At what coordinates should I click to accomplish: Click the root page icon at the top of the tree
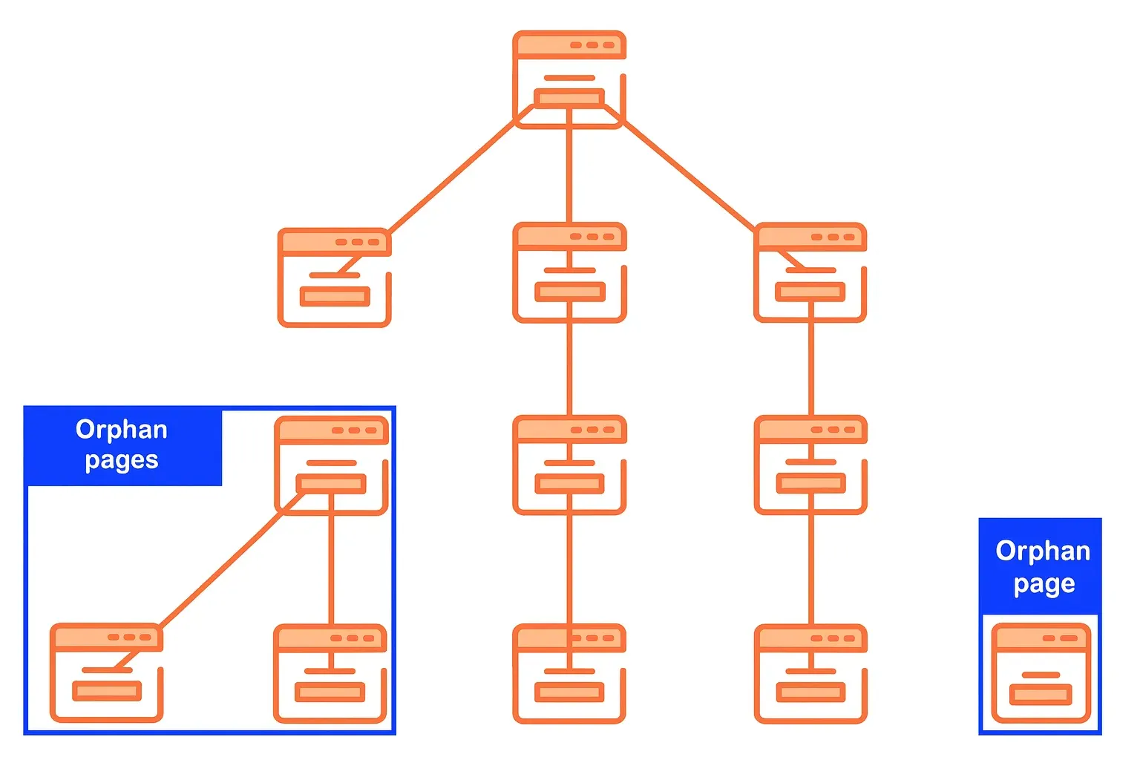(x=569, y=79)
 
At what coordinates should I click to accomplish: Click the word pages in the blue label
(x=122, y=461)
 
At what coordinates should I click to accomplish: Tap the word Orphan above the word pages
(x=122, y=430)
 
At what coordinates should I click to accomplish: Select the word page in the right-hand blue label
(x=1044, y=585)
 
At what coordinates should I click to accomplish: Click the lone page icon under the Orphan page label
(x=1041, y=672)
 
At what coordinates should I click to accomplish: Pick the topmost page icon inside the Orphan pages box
(x=331, y=465)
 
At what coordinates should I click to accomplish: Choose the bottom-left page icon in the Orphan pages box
(x=106, y=672)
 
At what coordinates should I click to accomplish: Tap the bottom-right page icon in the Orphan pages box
(x=330, y=672)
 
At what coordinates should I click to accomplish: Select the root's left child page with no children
(x=334, y=277)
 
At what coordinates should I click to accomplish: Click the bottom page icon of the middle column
(x=569, y=672)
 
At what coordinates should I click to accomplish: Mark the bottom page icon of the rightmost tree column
(x=810, y=672)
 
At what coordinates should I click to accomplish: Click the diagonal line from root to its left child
(x=453, y=175)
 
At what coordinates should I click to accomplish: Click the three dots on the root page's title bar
(x=592, y=45)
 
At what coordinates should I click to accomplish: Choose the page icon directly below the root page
(x=569, y=272)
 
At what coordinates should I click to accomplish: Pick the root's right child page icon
(x=810, y=272)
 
